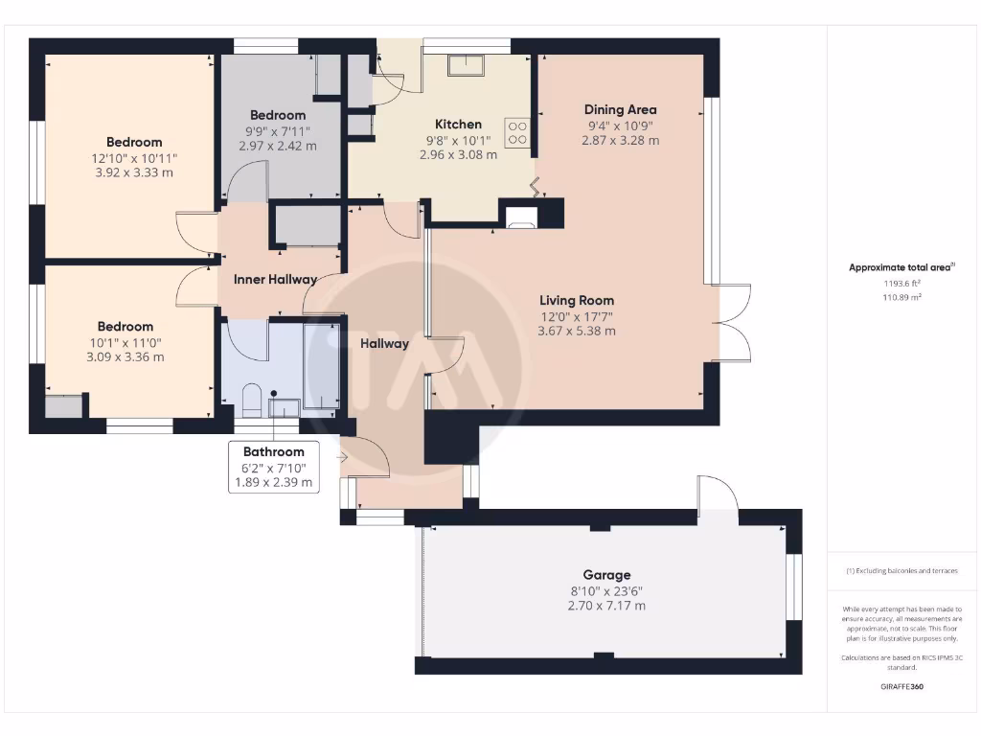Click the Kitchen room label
point(458,125)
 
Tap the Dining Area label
point(620,109)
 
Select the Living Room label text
point(576,300)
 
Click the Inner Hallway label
point(276,280)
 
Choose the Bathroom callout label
point(274,451)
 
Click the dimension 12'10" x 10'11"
point(134,158)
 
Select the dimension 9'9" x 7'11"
point(278,131)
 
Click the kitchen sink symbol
point(468,64)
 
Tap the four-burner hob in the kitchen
point(517,132)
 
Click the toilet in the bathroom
point(252,398)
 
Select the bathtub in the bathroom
point(321,367)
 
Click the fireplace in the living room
point(522,216)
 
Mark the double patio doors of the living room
point(733,323)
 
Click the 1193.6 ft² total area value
point(901,284)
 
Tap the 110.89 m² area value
point(901,298)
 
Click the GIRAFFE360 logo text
point(901,686)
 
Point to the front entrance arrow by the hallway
point(342,458)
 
